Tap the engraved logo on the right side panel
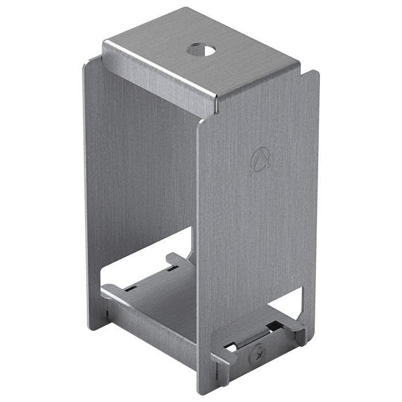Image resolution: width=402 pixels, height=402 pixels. click(260, 159)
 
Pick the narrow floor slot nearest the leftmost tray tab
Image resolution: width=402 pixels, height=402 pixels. click(132, 287)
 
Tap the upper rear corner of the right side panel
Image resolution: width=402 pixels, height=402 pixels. click(314, 74)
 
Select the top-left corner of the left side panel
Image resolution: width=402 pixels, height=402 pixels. click(87, 63)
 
